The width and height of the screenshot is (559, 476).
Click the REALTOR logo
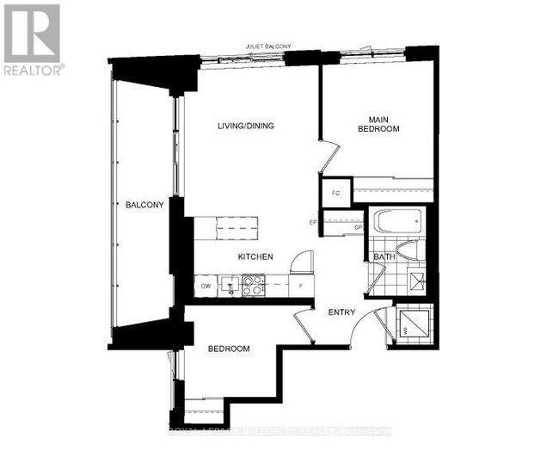(x=32, y=39)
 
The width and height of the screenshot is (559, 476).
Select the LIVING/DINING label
(x=245, y=126)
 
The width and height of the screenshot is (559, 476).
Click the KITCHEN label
(x=255, y=257)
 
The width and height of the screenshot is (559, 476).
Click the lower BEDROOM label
(x=229, y=349)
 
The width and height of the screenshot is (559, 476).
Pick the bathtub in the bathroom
(x=397, y=221)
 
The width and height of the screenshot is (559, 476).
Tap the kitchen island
(x=226, y=228)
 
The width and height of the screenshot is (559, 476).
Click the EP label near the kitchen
(x=314, y=223)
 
